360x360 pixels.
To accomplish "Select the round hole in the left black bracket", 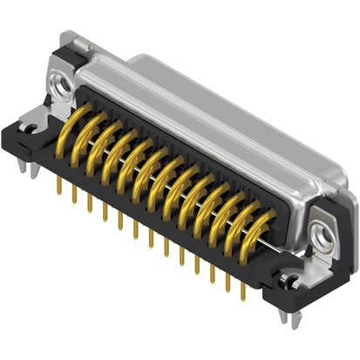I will click(x=31, y=133).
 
